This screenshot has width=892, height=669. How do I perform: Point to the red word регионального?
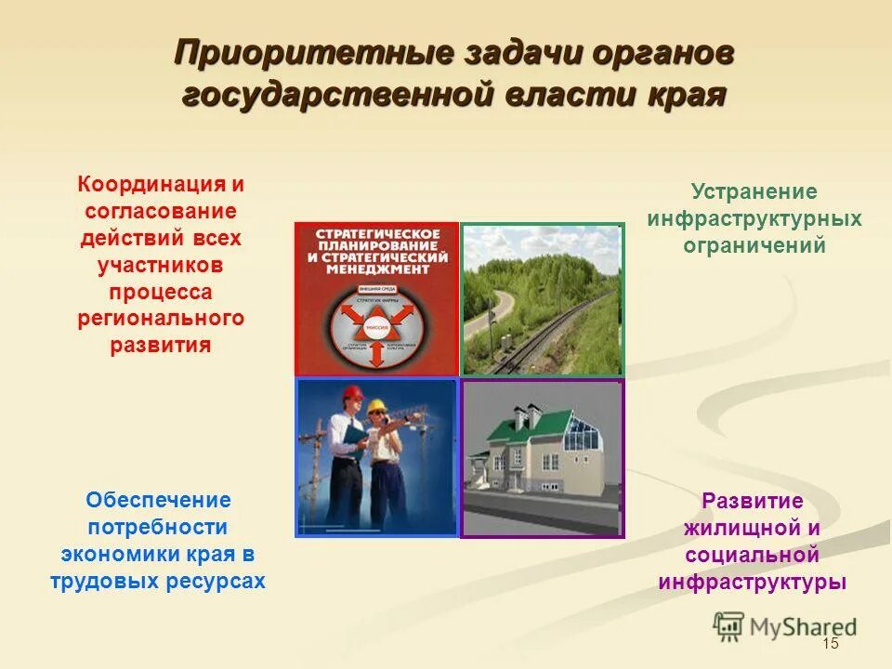[161, 319]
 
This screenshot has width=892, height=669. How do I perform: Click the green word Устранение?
[754, 192]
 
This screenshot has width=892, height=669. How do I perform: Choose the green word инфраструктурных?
[754, 219]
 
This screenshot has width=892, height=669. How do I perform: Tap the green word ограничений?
[754, 246]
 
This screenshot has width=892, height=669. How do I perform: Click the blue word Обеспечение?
[159, 500]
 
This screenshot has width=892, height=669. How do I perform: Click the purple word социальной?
[753, 556]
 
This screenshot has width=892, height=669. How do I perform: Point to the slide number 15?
[830, 645]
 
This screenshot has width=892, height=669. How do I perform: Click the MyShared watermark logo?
[785, 625]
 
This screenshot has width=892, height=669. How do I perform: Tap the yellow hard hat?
[376, 407]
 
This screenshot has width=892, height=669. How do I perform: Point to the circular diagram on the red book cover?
[376, 325]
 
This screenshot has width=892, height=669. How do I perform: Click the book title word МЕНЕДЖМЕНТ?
[376, 269]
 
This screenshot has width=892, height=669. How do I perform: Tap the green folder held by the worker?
[353, 432]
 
